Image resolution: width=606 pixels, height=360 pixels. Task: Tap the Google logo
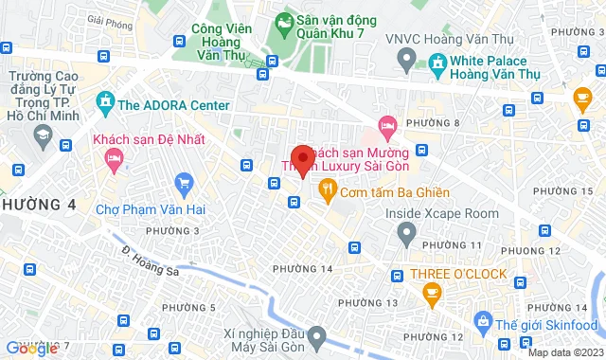(31, 349)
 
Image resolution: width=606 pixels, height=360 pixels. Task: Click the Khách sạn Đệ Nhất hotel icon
(115, 164)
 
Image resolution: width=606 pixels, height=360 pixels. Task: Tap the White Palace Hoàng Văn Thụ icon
(437, 64)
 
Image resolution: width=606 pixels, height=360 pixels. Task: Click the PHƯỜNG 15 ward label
(571, 190)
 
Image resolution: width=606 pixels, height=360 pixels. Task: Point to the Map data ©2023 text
(563, 352)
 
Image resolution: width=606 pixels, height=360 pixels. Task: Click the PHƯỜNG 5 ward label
(188, 307)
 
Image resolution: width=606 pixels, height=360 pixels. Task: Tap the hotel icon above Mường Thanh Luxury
(385, 125)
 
